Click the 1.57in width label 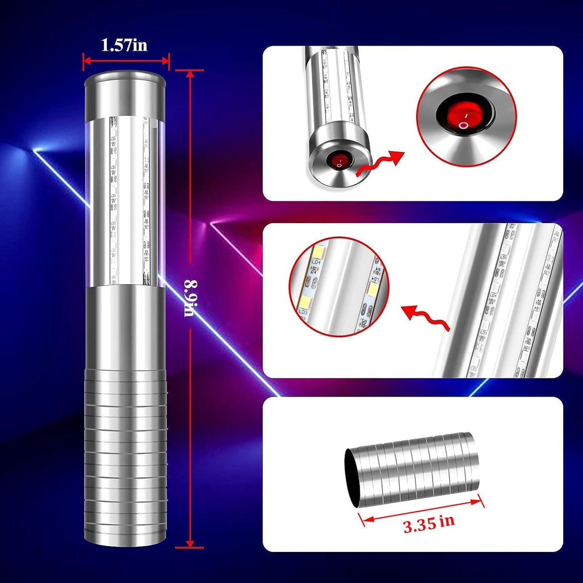click(124, 45)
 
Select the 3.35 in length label click(428, 523)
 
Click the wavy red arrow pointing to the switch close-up click(379, 163)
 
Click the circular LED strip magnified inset click(338, 286)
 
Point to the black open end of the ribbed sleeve click(352, 478)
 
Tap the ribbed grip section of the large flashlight click(125, 456)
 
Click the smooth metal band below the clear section click(125, 327)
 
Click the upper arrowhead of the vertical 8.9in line click(190, 74)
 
